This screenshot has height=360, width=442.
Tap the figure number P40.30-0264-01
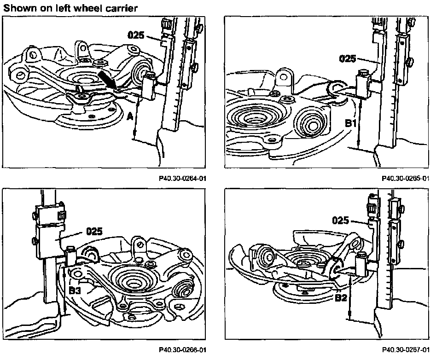pos(182,179)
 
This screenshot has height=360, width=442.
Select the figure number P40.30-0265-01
pos(406,179)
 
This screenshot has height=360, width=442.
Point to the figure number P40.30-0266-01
pos(182,350)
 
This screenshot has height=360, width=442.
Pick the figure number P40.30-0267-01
pos(406,350)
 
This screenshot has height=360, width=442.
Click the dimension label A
pos(130,116)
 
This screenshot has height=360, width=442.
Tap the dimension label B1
pos(351,123)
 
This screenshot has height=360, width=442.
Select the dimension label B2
pos(341,298)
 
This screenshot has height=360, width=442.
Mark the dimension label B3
pos(75,290)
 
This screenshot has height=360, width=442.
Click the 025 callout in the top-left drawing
pos(136,35)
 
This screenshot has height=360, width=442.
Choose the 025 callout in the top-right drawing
pos(347,58)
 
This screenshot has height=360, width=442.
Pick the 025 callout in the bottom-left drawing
pos(94,232)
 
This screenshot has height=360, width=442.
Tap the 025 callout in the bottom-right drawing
pos(341,220)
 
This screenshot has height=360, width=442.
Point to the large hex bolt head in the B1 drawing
pos(311,126)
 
